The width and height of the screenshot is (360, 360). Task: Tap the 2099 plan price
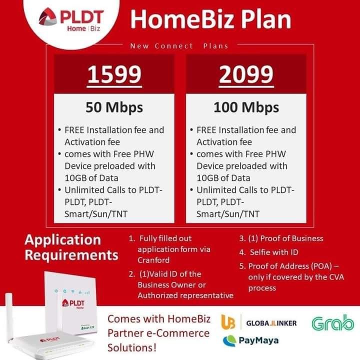pos(246,75)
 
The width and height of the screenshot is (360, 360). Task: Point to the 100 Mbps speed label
pos(245,107)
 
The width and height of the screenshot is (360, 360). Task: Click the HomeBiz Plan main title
pos(210,20)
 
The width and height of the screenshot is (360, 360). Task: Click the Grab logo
pos(332,323)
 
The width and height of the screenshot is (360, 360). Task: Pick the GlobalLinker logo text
pos(271,323)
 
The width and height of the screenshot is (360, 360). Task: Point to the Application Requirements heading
pos(71,247)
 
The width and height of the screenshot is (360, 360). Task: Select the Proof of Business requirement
pos(281,238)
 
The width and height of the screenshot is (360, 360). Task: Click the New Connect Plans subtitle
pos(179,46)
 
